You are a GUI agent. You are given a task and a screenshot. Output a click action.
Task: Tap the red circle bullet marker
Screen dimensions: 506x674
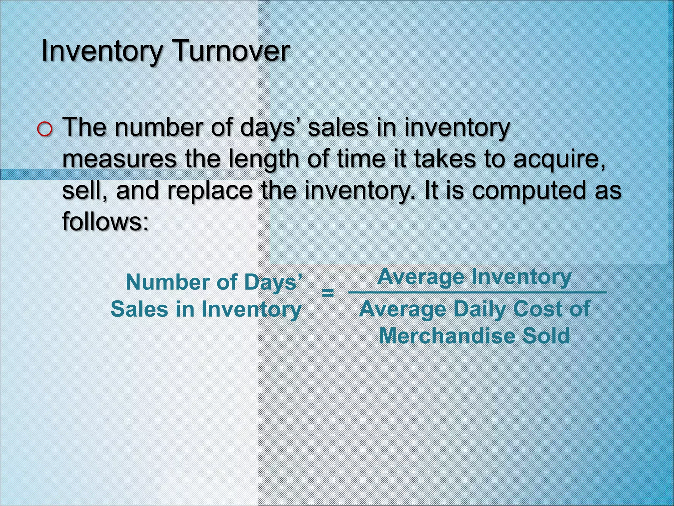(45, 129)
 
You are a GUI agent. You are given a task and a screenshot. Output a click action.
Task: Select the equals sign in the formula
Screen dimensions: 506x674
(327, 293)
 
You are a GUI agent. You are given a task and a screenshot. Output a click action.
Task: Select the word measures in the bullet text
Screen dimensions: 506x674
(119, 159)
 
